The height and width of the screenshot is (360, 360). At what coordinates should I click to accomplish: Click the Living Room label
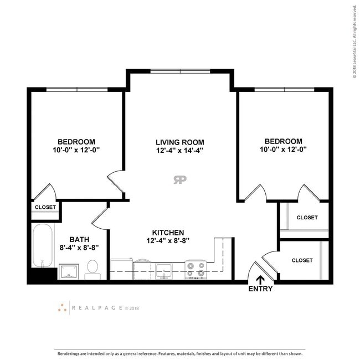180,142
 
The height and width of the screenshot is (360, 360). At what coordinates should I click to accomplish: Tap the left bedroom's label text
76,141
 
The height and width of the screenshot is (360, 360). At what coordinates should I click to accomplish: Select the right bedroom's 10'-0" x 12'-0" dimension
283,149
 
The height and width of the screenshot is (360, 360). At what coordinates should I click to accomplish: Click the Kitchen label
168,233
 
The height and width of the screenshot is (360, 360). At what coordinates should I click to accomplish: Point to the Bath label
79,239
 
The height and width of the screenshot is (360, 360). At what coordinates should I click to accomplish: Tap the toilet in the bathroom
92,270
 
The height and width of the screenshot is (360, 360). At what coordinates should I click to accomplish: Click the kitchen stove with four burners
195,270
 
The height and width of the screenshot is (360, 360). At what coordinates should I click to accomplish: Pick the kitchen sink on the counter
163,271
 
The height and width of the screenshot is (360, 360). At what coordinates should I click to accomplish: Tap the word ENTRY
260,289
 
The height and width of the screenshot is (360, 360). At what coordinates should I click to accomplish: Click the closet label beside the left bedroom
45,207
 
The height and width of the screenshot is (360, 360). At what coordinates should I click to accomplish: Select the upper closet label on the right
307,218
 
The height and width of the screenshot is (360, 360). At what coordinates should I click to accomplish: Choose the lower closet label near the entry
302,260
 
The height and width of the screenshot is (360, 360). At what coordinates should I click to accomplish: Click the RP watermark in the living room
179,179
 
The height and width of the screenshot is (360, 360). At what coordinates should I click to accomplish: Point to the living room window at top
180,71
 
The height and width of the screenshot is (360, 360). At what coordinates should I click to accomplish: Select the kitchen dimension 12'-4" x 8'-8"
168,241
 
